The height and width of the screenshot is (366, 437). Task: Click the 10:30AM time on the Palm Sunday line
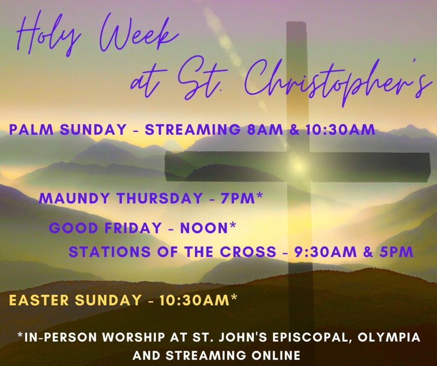pos(340,130)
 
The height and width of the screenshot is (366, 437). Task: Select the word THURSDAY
pos(159,198)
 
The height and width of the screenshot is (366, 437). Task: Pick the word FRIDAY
pos(133,228)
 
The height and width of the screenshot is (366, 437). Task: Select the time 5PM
pos(396,252)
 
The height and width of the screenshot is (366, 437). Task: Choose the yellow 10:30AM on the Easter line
pos(194,300)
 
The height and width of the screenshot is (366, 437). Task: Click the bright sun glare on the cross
pos(298,166)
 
